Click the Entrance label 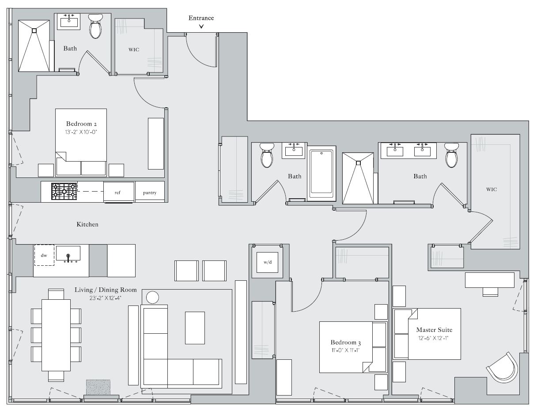click(201, 18)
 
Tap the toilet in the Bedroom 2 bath click(95, 26)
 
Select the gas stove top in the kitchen click(64, 192)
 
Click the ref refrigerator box click(117, 192)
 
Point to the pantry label click(150, 193)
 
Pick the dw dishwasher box click(44, 256)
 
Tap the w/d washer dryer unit click(268, 262)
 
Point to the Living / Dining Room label click(106, 290)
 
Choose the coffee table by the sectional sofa click(195, 328)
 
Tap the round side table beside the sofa click(152, 298)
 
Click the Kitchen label click(87, 225)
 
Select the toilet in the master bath click(451, 155)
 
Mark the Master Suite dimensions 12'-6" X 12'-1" click(434, 338)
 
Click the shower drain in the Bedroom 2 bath click(34, 30)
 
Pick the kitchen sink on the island click(68, 254)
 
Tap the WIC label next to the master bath click(492, 189)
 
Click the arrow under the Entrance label click(201, 26)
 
